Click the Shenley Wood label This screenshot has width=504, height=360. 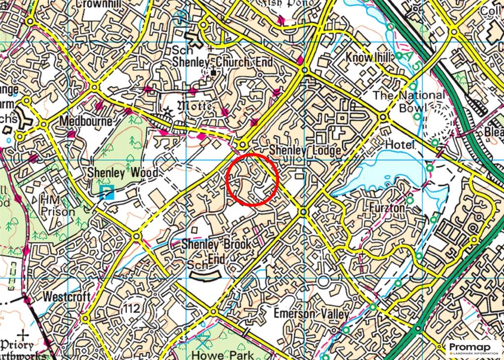click(123, 173)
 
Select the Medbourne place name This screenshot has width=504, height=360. click(85, 121)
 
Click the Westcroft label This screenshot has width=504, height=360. click(66, 297)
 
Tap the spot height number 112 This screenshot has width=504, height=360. click(132, 309)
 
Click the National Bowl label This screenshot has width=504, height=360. click(409, 101)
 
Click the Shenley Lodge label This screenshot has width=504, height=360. click(305, 151)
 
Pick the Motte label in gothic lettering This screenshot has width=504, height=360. click(195, 106)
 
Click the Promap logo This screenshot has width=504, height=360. click(473, 349)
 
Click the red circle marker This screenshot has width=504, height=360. click(252, 179)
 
